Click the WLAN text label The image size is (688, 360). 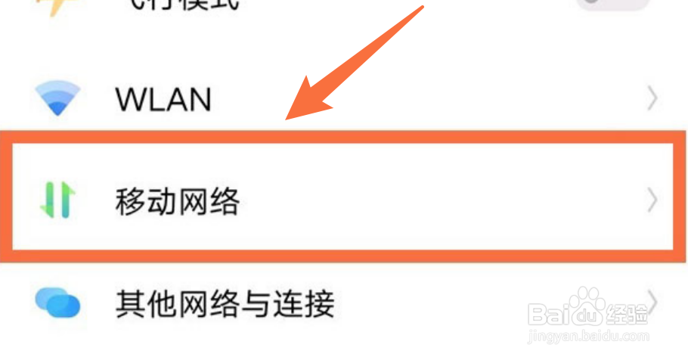click(163, 98)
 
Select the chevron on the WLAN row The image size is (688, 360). click(652, 98)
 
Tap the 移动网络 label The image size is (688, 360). click(178, 201)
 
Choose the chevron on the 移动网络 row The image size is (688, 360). click(652, 201)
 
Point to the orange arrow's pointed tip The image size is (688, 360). click(288, 119)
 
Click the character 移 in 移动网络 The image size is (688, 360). click(129, 201)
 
